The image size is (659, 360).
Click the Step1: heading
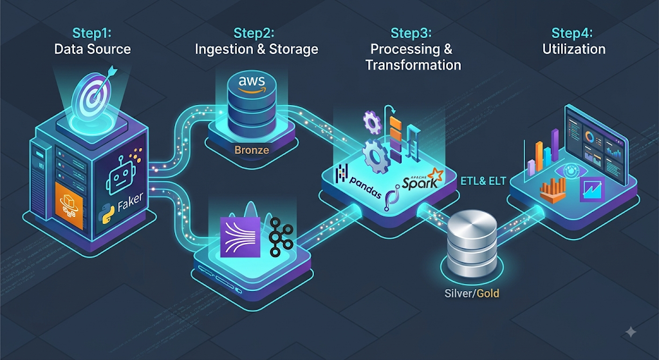[93, 33]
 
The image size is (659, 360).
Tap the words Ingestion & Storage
[256, 49]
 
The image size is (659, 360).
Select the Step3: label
[411, 33]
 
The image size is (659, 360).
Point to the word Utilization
[573, 49]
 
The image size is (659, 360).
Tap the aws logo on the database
[252, 82]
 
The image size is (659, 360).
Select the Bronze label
[252, 149]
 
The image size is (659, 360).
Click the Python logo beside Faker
[106, 214]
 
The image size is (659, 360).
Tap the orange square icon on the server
[69, 205]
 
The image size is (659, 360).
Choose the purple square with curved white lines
[240, 237]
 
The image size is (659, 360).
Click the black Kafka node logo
[281, 237]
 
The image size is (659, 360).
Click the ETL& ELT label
[483, 181]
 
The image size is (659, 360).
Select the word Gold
[488, 293]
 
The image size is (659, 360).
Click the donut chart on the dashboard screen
[590, 137]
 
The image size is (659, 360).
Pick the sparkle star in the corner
[631, 332]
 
